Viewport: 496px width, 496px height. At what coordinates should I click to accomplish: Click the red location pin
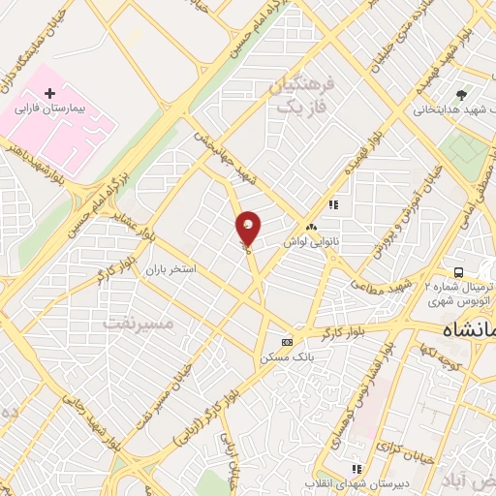[x=248, y=228]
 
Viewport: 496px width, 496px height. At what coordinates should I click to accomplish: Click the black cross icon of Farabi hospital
[x=50, y=92]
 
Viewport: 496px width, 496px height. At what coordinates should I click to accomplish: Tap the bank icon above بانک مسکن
[x=287, y=342]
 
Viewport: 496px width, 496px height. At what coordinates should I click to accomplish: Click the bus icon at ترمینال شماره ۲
[x=457, y=272]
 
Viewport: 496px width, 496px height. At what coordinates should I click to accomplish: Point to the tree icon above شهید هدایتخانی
[x=461, y=94]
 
